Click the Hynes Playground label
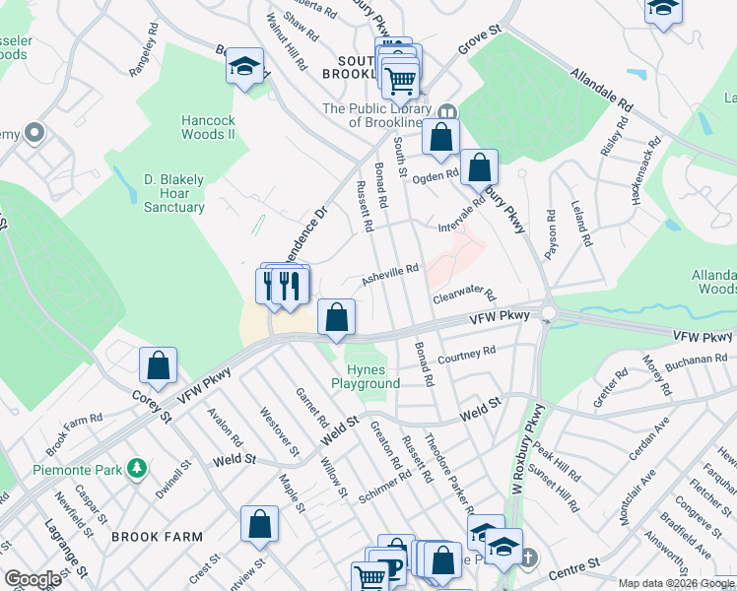365,376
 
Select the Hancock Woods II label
207,127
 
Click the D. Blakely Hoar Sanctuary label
173,194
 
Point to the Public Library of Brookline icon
447,109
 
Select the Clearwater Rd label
463,295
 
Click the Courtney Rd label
466,355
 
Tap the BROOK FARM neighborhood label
157,537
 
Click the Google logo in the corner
33,579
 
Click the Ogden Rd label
435,175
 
